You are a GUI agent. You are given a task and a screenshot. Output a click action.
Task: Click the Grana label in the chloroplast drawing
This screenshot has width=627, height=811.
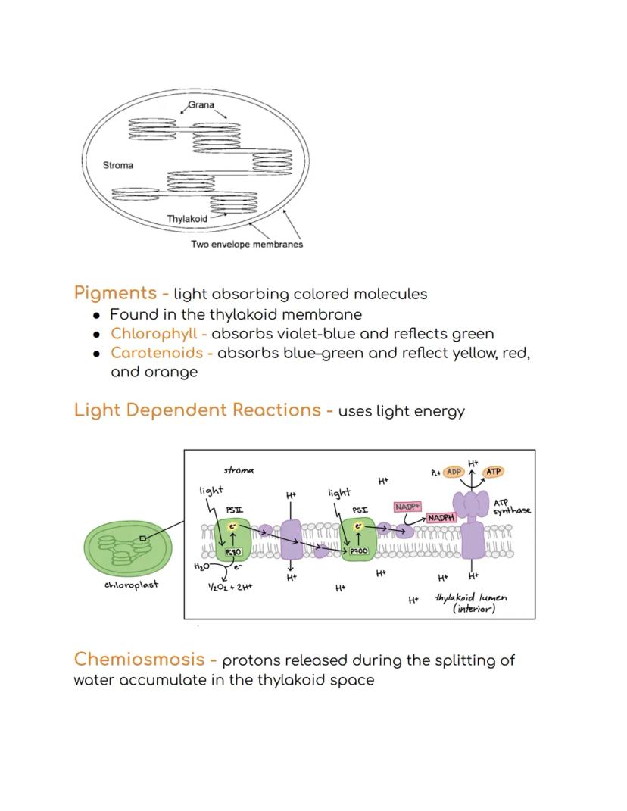tap(201, 104)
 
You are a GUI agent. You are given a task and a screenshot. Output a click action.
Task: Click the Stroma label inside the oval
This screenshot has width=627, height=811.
tap(117, 165)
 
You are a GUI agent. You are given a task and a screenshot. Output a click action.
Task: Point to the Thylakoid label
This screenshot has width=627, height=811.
tap(187, 219)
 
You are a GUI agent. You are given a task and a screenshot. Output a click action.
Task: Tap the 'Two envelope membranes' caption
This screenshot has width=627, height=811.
tap(247, 245)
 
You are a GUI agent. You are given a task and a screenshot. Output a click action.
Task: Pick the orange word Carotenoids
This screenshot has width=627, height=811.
tap(157, 353)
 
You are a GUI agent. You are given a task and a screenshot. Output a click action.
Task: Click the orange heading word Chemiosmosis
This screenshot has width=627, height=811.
tap(139, 660)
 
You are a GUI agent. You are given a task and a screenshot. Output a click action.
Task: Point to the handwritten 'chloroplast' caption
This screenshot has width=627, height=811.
tap(131, 585)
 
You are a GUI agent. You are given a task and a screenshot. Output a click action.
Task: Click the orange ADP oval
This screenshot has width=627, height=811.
tap(454, 472)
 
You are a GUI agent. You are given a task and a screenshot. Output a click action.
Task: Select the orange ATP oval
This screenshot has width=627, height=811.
tap(493, 472)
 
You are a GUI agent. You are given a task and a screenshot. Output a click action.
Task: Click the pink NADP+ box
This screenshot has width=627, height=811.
tap(407, 507)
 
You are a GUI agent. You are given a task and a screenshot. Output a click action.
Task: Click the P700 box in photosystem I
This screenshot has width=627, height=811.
tap(359, 551)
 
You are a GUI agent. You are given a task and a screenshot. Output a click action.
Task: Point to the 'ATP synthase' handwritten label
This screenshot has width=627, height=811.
tap(511, 507)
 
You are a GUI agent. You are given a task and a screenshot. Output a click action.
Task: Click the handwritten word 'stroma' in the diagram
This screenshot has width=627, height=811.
tap(239, 470)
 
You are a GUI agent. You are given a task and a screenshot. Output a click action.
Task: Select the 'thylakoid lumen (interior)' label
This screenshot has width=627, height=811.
tap(471, 603)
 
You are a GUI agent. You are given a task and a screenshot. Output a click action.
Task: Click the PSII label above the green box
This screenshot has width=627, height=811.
tap(234, 510)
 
